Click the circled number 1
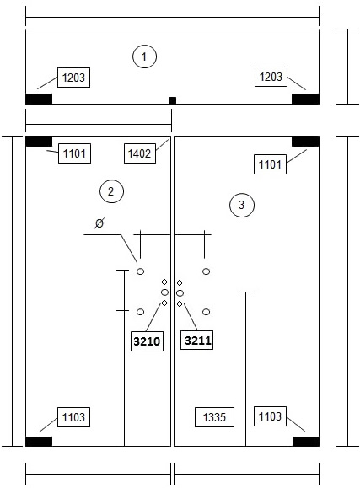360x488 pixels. (144, 56)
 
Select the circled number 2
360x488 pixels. (111, 191)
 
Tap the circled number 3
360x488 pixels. (242, 205)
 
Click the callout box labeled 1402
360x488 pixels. (140, 153)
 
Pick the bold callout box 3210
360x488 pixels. (147, 341)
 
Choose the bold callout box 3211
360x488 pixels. (196, 340)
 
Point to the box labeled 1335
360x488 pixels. (214, 417)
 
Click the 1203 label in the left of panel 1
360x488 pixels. (74, 78)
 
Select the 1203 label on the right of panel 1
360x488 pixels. (271, 77)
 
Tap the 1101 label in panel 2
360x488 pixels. (74, 153)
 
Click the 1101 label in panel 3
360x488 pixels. (270, 164)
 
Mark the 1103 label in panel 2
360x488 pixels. (74, 417)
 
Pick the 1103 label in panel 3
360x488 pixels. (270, 416)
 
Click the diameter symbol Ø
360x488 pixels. (99, 223)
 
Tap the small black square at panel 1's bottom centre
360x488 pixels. (172, 100)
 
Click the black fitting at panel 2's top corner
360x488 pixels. (39, 142)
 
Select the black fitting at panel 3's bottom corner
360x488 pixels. (306, 442)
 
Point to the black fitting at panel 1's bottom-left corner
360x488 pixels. (39, 99)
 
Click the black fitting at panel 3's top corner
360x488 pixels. (305, 142)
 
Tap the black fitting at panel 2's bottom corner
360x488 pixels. (39, 442)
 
